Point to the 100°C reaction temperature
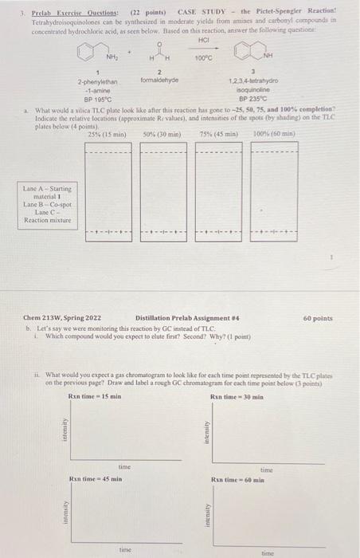tap(203, 60)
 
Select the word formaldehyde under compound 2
tap(159, 81)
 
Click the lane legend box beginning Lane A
tap(47, 204)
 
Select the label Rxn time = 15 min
tap(95, 396)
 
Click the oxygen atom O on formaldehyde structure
tap(159, 44)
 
